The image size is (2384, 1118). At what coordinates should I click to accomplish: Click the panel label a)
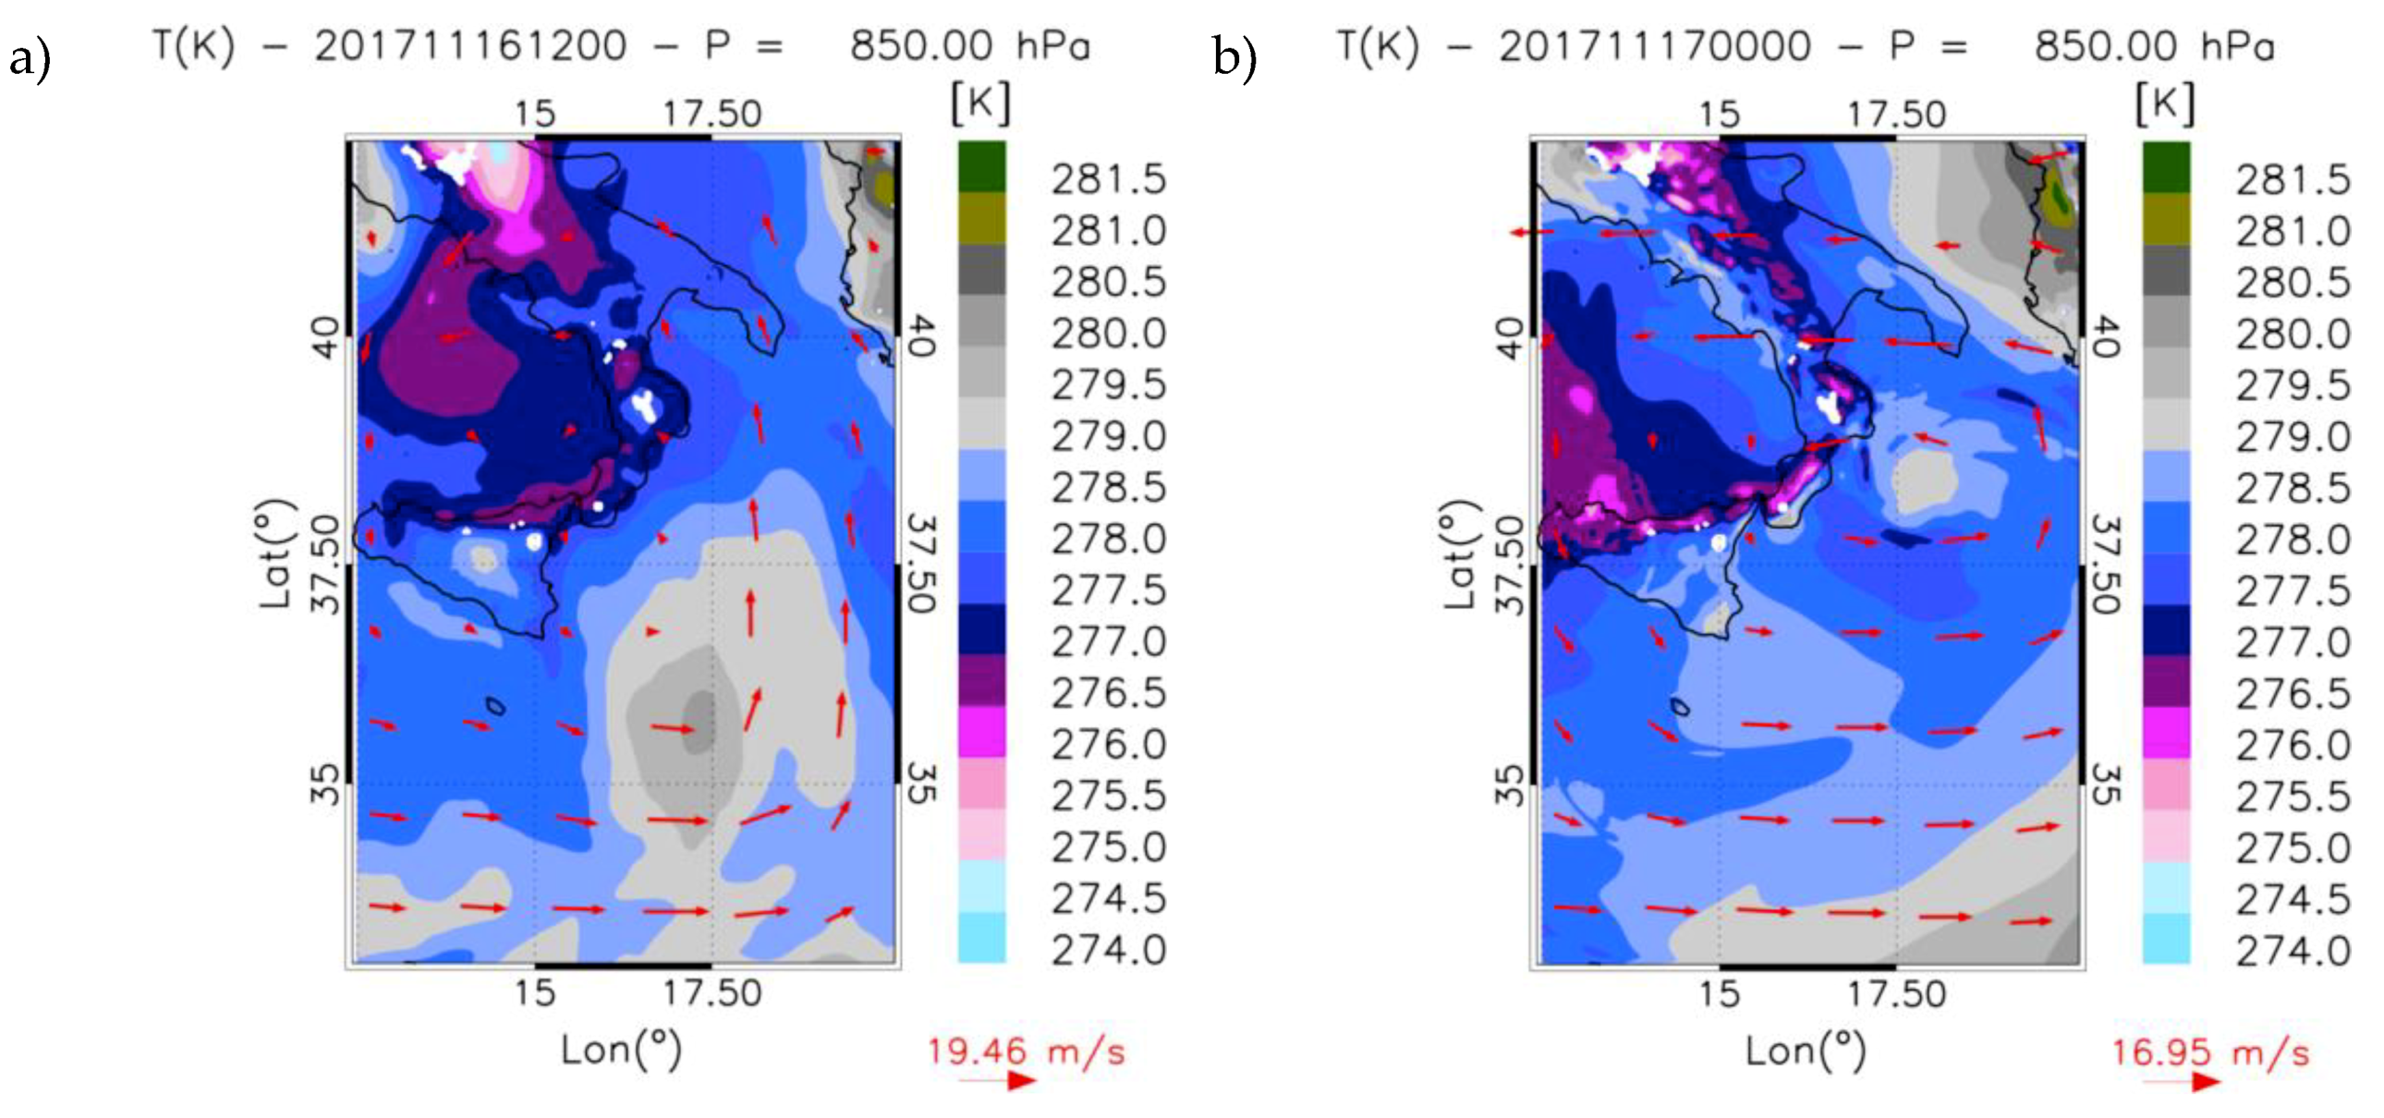coord(29,60)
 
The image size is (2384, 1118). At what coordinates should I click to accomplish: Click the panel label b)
coord(1235,60)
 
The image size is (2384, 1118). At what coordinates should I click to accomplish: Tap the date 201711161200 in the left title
coord(470,45)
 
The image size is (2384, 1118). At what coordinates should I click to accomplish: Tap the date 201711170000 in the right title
coord(1655,45)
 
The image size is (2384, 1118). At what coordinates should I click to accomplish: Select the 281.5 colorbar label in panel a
coord(1108,178)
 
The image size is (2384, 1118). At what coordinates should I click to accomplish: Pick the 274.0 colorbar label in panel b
coord(2293,951)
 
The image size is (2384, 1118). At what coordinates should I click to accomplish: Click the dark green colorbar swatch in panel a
coord(982,166)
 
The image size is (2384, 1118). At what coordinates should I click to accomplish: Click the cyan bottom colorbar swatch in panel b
coord(2167,939)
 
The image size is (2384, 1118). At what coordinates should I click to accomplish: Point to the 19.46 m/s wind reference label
coord(1027,1051)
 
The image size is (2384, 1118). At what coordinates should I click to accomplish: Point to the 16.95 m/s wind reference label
coord(2211,1052)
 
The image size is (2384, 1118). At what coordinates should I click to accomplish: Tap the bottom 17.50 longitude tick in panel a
coord(712,993)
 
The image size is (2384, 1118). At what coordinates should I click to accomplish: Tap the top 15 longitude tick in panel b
coord(1719,114)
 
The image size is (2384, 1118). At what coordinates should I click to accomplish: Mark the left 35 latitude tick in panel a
coord(325,784)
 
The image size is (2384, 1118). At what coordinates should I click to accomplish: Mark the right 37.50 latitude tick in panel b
coord(2107,564)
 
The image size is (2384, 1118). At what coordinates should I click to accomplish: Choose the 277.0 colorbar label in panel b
coord(2293,642)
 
